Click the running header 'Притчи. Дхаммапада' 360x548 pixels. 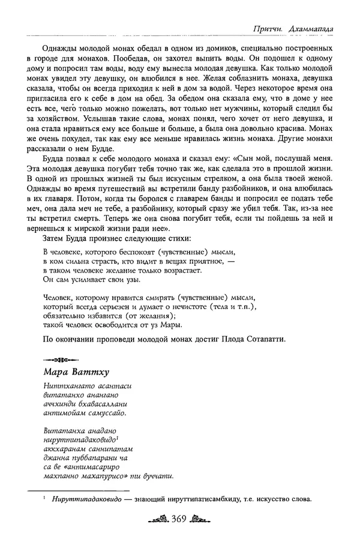(x=295, y=28)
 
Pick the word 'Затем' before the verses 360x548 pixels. (x=55, y=238)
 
